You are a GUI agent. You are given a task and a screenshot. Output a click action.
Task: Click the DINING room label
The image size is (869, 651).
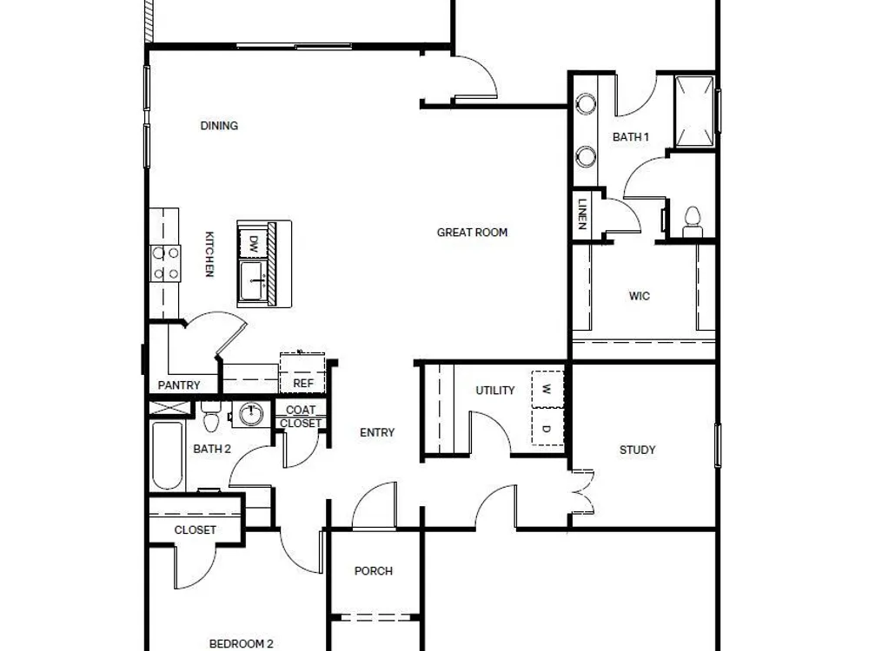[219, 126]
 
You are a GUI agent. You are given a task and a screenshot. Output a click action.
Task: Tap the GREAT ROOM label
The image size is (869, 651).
[472, 233]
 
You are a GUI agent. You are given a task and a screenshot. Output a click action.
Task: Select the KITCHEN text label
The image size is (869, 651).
[209, 254]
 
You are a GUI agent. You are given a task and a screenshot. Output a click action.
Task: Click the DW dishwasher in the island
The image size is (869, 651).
[253, 242]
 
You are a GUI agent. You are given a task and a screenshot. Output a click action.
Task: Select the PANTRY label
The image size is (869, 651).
[178, 385]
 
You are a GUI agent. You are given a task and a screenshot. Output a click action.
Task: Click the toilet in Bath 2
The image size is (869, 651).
[211, 417]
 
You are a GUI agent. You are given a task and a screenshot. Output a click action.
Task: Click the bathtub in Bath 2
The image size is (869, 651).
[167, 457]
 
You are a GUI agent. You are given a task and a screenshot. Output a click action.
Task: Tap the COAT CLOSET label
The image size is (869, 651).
[301, 417]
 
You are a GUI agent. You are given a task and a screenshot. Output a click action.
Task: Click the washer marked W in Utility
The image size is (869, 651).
[547, 389]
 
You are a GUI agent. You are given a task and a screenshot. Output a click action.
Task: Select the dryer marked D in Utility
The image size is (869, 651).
[547, 427]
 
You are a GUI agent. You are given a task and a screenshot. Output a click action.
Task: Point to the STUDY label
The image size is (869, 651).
[637, 450]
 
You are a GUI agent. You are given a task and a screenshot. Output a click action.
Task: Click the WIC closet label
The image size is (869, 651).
[639, 296]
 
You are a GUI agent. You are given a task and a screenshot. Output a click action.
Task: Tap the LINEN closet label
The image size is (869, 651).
[582, 214]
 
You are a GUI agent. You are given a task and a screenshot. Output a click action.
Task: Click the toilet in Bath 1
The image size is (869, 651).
[693, 221]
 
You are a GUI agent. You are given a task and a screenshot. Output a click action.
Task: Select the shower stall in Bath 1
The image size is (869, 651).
[694, 112]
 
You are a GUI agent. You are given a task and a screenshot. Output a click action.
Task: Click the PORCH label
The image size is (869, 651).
[374, 571]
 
